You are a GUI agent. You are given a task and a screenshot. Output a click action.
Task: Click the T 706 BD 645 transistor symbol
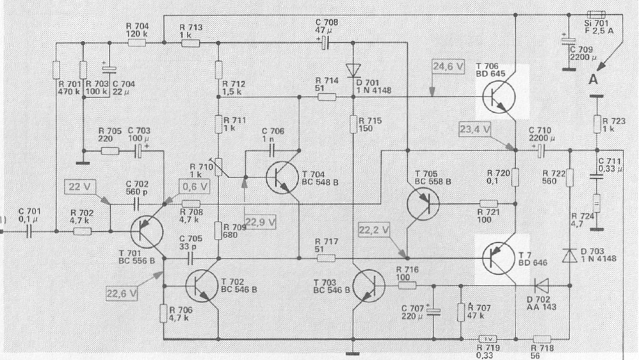499,97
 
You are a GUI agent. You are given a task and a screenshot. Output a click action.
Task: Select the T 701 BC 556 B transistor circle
147,232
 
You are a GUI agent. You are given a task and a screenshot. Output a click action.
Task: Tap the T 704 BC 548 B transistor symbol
282,177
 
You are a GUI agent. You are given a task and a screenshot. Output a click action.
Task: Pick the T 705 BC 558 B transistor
423,204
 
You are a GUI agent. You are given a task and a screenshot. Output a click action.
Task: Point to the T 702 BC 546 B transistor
202,286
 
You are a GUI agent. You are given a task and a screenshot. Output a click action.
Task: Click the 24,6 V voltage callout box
448,66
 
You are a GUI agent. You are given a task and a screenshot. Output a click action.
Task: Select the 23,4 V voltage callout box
474,129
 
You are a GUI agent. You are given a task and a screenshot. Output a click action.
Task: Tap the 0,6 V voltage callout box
195,187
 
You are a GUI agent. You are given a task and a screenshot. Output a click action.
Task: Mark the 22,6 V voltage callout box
122,293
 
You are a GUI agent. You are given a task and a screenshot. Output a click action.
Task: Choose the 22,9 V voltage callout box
260,222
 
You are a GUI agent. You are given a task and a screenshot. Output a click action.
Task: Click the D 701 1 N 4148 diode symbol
353,70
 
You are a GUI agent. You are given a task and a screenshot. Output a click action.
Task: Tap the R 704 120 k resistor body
136,43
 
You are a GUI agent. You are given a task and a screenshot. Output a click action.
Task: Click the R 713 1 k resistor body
190,43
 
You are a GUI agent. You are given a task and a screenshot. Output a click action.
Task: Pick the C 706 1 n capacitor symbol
272,151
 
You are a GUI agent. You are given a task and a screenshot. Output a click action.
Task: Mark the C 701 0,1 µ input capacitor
29,232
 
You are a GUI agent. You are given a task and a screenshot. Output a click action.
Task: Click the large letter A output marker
593,79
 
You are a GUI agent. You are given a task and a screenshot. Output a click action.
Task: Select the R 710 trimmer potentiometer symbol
218,167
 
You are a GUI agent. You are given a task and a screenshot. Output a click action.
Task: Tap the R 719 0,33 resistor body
487,339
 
